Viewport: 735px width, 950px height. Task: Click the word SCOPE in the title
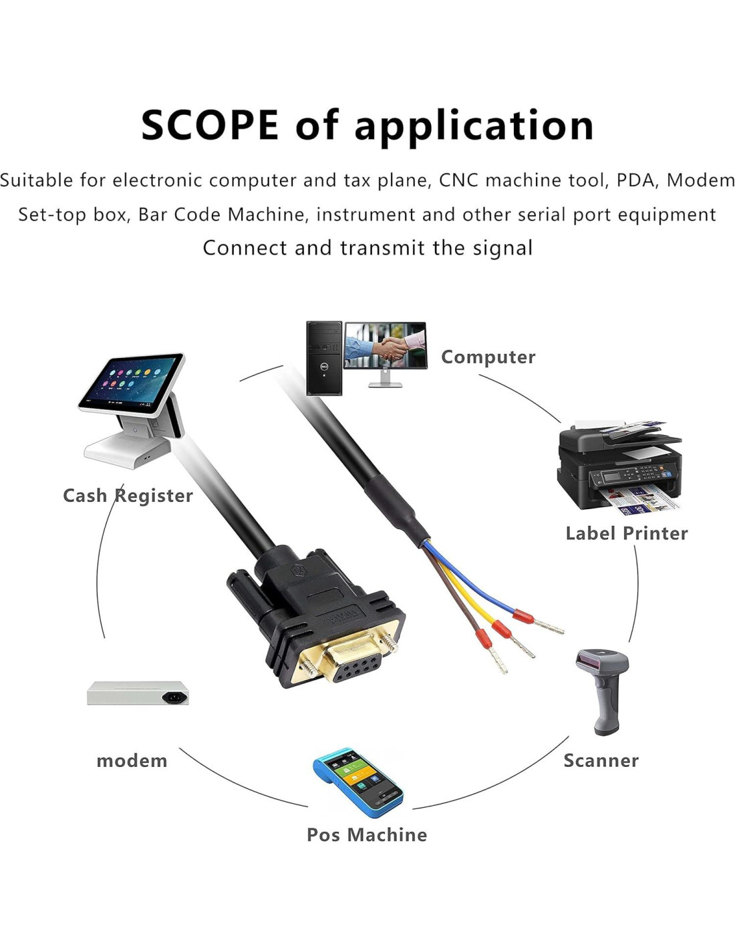coord(210,125)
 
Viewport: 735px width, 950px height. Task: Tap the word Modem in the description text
coord(700,180)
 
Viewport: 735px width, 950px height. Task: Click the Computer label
coord(488,357)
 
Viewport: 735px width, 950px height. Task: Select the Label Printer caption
coord(626,533)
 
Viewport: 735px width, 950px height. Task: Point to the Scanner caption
coord(601,760)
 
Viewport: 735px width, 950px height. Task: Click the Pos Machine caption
coord(366,834)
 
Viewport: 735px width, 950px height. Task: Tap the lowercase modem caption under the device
coord(132,761)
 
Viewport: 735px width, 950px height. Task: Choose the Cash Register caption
coord(128,496)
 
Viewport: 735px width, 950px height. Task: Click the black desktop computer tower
coord(324,358)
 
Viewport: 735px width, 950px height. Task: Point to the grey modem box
coord(138,693)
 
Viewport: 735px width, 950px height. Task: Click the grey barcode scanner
coord(604,688)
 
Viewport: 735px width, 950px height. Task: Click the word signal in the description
coord(502,248)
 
